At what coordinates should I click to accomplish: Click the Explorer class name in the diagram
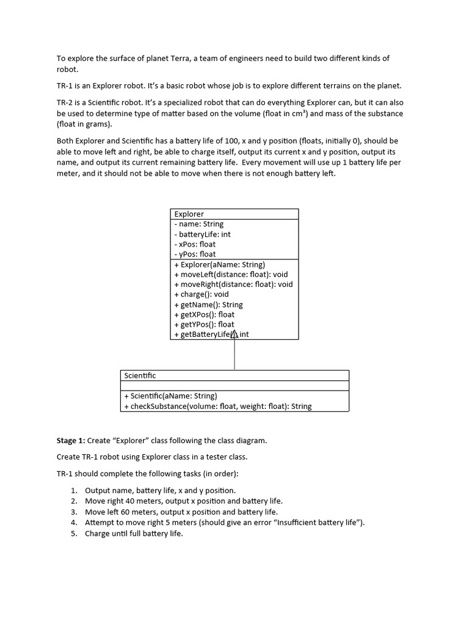coord(189,214)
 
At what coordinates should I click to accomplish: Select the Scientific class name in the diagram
coord(140,375)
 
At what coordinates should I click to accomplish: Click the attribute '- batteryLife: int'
coord(202,234)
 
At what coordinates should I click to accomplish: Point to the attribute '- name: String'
coord(198,224)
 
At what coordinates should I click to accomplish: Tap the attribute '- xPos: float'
coord(195,244)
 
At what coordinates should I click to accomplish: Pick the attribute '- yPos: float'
coord(195,254)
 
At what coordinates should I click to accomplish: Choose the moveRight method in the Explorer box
coord(233,284)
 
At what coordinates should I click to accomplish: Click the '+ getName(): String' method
coord(208,305)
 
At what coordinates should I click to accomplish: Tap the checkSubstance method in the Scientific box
coord(217,406)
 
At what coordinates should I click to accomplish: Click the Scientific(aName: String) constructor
coord(170,396)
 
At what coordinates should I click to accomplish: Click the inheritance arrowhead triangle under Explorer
coord(234,334)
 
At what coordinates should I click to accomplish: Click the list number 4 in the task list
coord(73,522)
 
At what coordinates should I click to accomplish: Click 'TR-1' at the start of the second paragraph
coord(65,85)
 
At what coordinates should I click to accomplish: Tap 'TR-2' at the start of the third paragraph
coord(65,103)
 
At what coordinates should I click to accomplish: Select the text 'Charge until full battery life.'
coord(134,533)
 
